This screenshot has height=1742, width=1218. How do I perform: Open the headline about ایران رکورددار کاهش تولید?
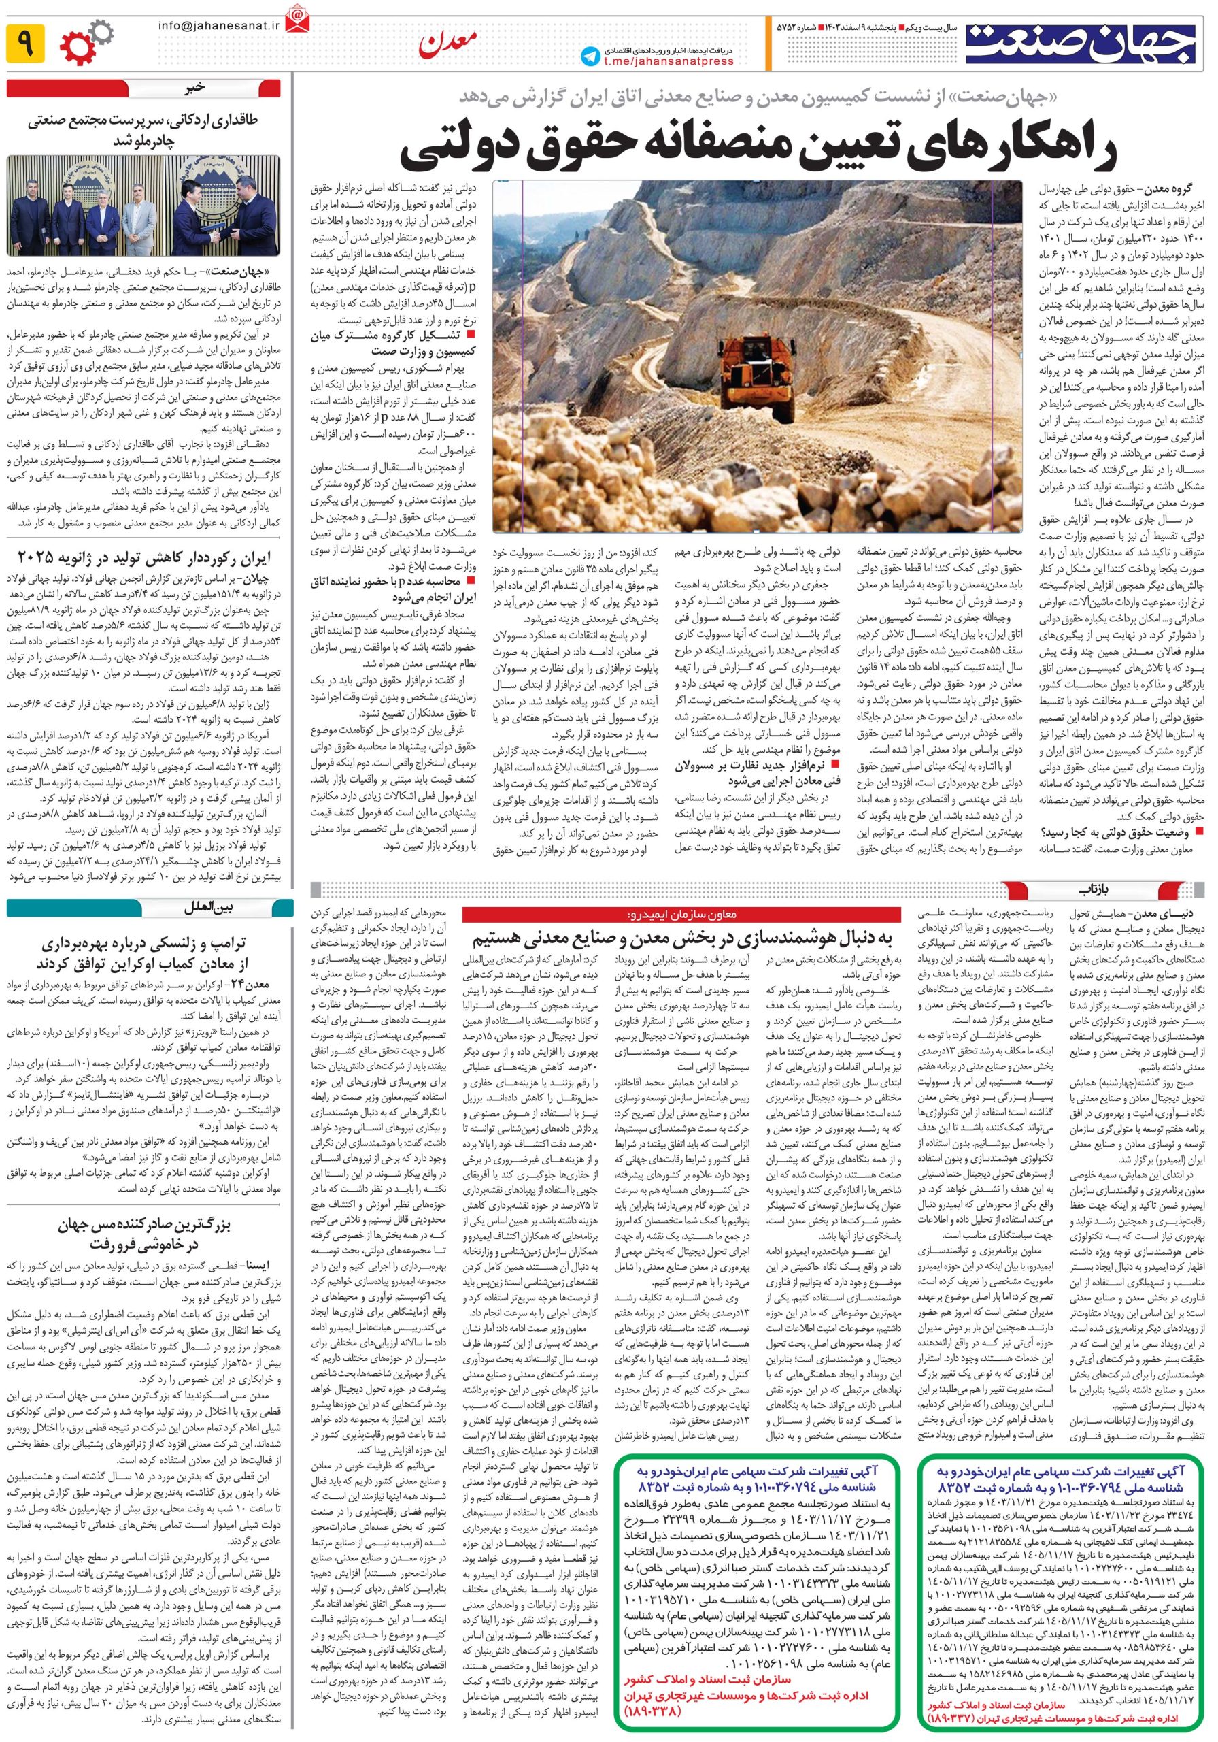click(x=143, y=559)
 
